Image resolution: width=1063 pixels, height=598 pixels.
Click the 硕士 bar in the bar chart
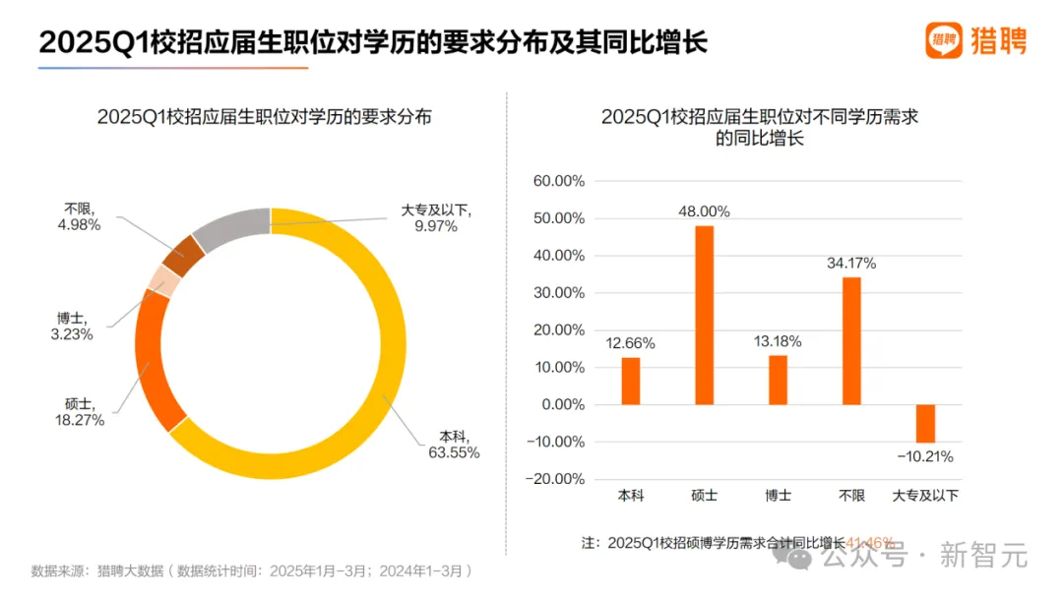[704, 315]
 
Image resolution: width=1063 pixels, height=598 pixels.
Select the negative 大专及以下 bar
[925, 424]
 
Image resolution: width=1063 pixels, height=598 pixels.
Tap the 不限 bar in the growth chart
[851, 340]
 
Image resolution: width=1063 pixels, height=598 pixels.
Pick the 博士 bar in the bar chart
[778, 380]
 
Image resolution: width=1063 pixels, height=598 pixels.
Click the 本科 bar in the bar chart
[630, 381]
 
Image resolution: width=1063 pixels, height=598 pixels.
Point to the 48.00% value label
[704, 210]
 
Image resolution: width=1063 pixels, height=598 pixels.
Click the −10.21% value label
[924, 456]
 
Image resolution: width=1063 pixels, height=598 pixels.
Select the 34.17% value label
[851, 263]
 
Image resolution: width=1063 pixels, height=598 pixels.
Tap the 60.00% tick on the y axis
[558, 181]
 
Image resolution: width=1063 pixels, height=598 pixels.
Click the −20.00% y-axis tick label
[556, 479]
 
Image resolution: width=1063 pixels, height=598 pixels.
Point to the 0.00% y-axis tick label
[562, 404]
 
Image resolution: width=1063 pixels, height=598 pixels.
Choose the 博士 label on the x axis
[778, 496]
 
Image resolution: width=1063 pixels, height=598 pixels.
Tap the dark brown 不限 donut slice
[184, 255]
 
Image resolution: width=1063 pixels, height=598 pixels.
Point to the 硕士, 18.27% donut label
[80, 411]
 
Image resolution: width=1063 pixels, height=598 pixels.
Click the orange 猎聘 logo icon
[943, 40]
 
